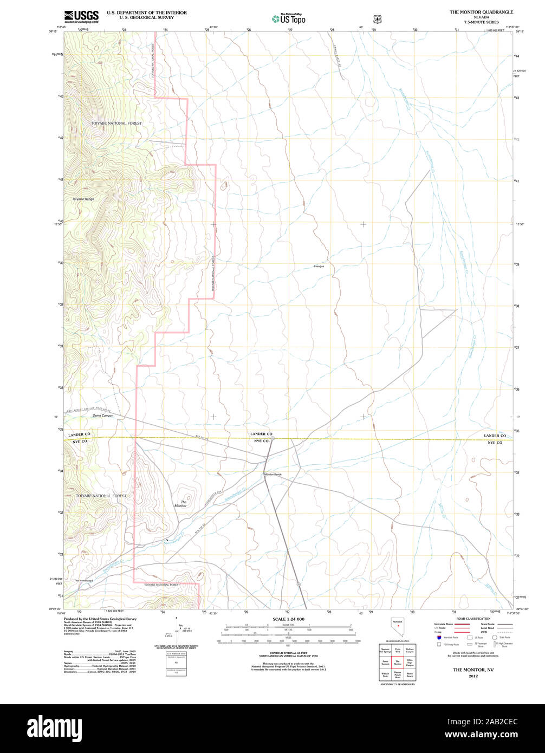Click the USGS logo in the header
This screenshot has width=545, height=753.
point(81,17)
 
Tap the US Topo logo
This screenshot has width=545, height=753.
point(289,19)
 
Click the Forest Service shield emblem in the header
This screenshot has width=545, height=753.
point(377,19)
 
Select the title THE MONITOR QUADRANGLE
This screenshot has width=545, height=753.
point(481,12)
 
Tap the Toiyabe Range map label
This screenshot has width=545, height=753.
point(83,199)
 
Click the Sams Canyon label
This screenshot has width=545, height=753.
point(103,416)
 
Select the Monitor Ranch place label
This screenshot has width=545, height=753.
point(273,475)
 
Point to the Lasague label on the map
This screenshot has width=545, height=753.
point(319,267)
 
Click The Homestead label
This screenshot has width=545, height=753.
point(84,581)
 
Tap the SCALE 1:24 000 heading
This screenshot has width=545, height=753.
point(289,619)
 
